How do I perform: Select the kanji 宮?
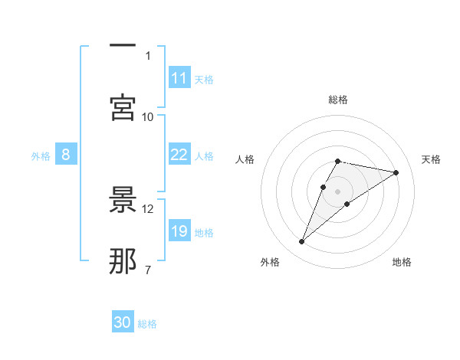(123, 106)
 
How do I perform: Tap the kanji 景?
(123, 201)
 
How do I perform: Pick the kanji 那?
(123, 260)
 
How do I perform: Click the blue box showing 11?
(179, 78)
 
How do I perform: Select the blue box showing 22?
(179, 155)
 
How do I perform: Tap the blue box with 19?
(179, 231)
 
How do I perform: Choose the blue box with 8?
(66, 155)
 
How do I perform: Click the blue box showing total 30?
(123, 322)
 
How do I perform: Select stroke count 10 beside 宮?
(148, 116)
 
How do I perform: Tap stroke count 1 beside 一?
(147, 55)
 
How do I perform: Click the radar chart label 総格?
(337, 100)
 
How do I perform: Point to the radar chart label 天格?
(432, 159)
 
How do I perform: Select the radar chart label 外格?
(270, 262)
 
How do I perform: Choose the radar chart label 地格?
(402, 262)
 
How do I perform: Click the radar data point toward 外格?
(302, 242)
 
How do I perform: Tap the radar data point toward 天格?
(396, 172)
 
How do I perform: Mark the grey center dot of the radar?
(337, 190)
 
